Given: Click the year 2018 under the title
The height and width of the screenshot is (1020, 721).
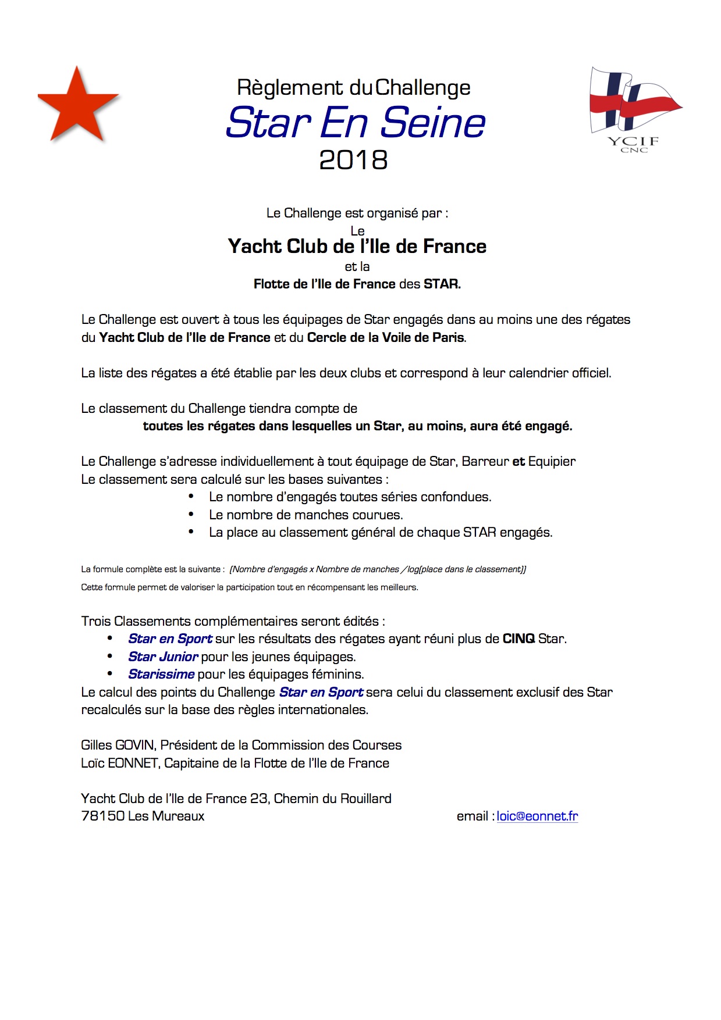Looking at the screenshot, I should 353,161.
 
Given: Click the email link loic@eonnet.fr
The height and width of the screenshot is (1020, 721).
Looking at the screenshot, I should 537,816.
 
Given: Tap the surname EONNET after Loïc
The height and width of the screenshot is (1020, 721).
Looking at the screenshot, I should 133,763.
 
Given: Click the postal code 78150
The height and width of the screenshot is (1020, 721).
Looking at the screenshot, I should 103,816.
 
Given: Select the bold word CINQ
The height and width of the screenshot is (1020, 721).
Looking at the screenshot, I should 518,639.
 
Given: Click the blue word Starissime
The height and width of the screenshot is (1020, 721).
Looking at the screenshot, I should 161,674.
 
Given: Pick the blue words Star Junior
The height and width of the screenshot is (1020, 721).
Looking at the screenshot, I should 163,657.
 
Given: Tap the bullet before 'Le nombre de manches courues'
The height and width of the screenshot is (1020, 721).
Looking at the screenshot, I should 191,514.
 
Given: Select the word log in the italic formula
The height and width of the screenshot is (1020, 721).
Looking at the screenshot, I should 413,569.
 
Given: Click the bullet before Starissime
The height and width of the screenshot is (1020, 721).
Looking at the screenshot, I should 110,673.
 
